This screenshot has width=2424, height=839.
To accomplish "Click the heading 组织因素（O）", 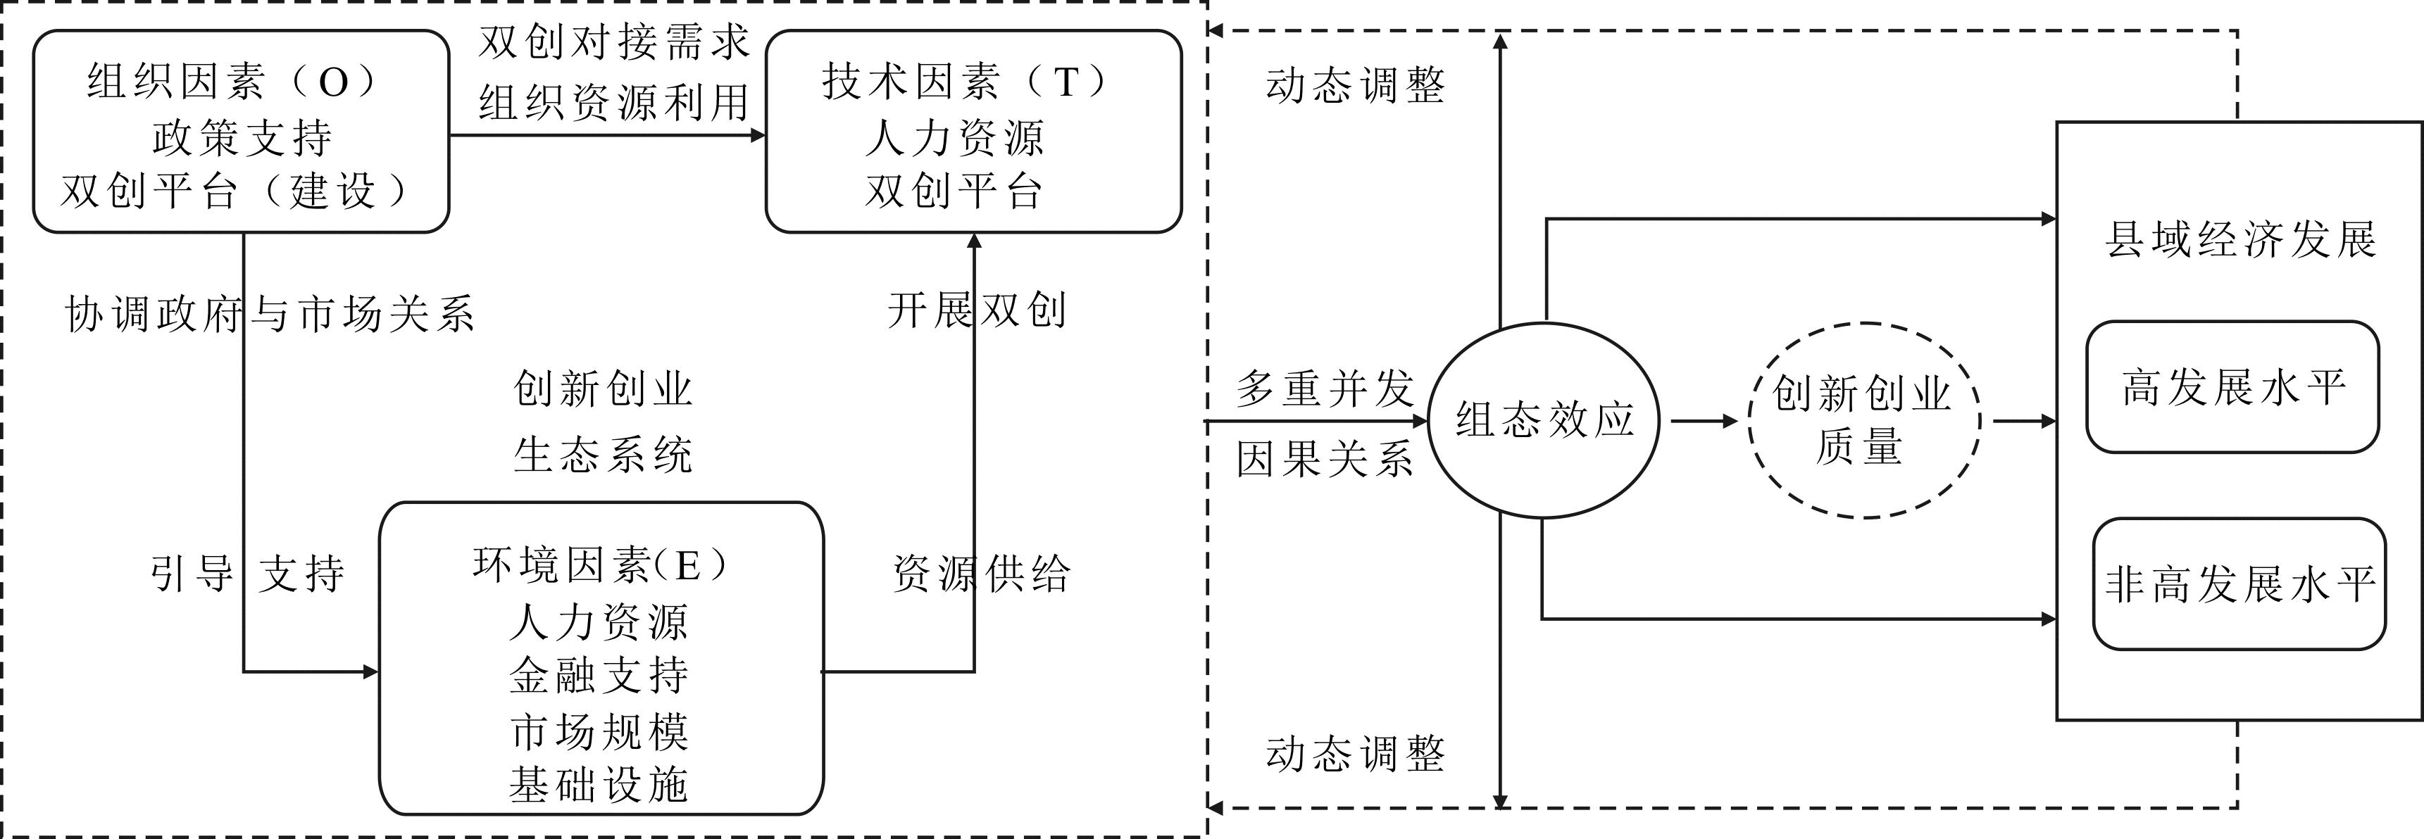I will click(x=233, y=83).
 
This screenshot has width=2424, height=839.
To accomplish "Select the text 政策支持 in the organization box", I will click(x=242, y=138).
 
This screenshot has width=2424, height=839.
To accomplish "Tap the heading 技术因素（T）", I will click(x=966, y=83).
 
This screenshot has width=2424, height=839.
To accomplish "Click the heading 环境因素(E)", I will click(x=600, y=565).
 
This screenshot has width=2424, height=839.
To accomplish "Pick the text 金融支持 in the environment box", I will click(x=599, y=675).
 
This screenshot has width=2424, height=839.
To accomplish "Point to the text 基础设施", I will click(x=599, y=784).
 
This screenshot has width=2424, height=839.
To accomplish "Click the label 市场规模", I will click(x=599, y=731).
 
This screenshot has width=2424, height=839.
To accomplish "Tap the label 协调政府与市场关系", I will click(x=269, y=314).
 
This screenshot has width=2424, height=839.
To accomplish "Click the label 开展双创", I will click(x=977, y=310).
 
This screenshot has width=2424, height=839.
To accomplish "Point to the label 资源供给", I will click(x=980, y=573).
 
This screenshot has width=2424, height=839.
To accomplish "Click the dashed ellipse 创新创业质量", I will click(x=1863, y=419).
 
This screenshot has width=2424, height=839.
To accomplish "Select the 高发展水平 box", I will click(x=2232, y=386).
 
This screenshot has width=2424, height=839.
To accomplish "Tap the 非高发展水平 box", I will click(x=2239, y=584).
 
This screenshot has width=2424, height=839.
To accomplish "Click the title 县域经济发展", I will click(x=2239, y=240).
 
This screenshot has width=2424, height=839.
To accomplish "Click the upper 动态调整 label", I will click(x=1355, y=87).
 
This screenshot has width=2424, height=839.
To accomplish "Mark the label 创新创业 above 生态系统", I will click(x=603, y=389).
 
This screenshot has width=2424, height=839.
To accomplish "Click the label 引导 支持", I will click(x=247, y=573).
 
